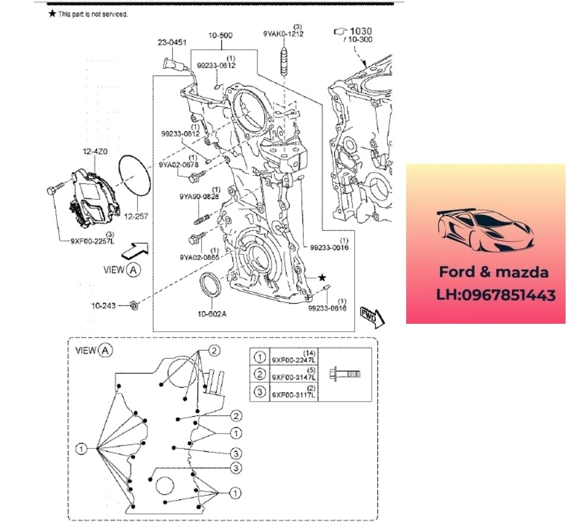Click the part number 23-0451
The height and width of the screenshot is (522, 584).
click(172, 42)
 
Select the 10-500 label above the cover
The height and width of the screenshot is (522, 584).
click(220, 35)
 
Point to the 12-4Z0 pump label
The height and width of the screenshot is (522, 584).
click(95, 152)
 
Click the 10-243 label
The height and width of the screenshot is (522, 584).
click(103, 305)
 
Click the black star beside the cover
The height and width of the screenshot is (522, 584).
click(322, 277)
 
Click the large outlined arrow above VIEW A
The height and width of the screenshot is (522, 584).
click(134, 248)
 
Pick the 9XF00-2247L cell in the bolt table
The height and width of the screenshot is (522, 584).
click(294, 359)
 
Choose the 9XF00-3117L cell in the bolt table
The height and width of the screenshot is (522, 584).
click(294, 393)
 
